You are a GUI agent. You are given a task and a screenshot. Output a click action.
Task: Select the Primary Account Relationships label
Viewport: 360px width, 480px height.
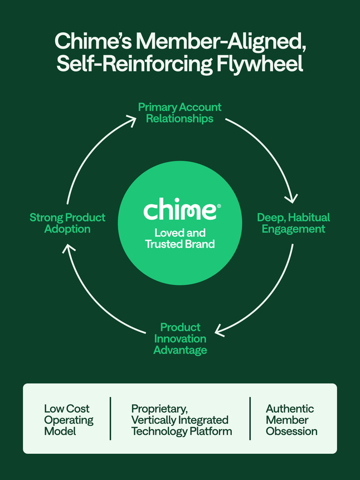click(179, 113)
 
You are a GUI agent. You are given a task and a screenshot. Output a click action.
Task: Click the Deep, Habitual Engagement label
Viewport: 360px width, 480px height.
click(293, 223)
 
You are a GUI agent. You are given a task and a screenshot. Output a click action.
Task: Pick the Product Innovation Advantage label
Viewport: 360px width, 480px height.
click(180, 338)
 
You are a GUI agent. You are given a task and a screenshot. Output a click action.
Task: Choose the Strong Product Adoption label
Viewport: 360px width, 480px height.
click(67, 223)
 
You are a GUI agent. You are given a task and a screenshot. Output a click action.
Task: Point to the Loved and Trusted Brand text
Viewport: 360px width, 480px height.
click(179, 238)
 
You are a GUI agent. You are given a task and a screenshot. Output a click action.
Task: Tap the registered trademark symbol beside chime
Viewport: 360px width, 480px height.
click(218, 206)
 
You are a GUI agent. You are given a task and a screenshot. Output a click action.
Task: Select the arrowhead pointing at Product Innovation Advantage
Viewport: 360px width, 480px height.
click(221, 330)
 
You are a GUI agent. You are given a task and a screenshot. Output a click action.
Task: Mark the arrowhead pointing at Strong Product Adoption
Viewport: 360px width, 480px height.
click(66, 249)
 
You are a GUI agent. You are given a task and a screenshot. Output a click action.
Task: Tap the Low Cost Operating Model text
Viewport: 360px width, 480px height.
click(69, 420)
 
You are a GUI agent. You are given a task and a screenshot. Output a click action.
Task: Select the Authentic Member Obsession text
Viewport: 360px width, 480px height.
click(291, 420)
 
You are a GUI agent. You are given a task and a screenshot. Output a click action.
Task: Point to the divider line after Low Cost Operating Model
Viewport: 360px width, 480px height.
click(110, 418)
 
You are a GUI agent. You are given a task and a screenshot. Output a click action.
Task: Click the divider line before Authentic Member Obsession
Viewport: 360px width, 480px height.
click(250, 418)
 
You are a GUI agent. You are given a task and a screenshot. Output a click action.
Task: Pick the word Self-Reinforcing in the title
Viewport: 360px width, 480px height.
click(135, 63)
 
